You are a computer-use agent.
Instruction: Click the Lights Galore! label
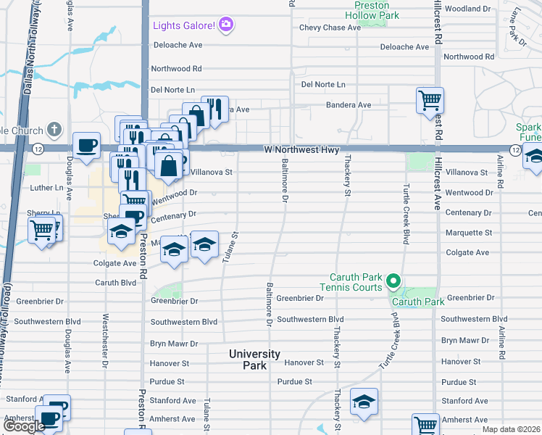[x=184, y=27]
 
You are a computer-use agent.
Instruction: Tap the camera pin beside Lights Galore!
[x=226, y=26]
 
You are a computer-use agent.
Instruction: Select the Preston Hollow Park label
[x=377, y=9]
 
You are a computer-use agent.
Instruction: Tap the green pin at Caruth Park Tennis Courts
[x=393, y=280]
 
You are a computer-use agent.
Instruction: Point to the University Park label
[x=254, y=359]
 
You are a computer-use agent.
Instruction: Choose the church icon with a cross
[x=53, y=130]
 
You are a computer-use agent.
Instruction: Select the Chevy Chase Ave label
[x=330, y=28]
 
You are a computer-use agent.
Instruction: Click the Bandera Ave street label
[x=349, y=105]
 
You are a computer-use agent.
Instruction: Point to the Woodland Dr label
[x=468, y=9]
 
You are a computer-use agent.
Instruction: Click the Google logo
[x=24, y=426]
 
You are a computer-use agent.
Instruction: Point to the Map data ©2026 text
[x=512, y=429]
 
